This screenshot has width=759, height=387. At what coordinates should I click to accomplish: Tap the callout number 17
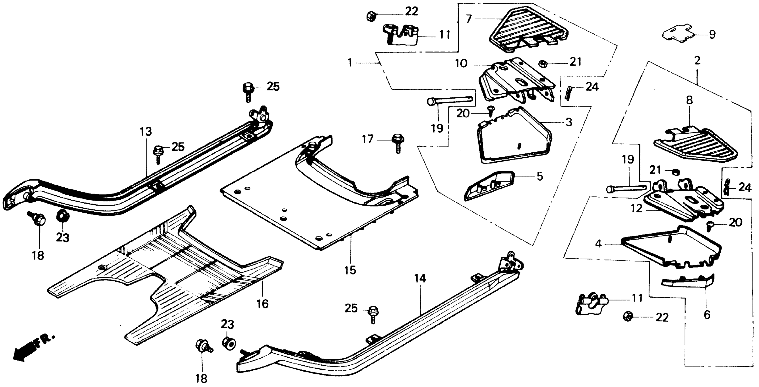[x=368, y=139]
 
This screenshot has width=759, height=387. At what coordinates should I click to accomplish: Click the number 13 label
[x=146, y=132]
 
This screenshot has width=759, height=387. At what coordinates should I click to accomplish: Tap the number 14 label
[x=420, y=278]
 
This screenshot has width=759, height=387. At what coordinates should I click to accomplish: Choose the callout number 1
[x=350, y=63]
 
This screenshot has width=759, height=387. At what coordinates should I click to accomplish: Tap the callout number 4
[x=598, y=244]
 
